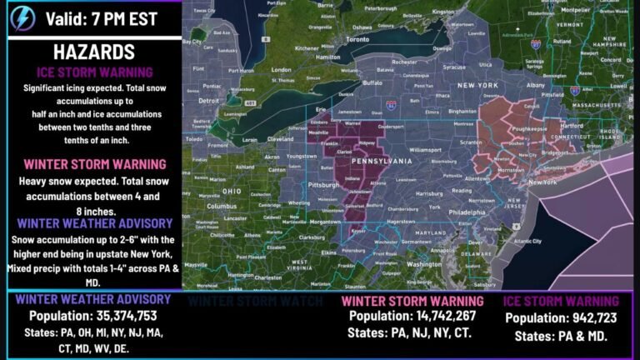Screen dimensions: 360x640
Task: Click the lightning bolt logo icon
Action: click(x=18, y=17)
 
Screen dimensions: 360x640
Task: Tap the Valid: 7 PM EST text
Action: click(x=98, y=17)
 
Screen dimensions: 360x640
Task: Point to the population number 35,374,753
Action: click(x=93, y=316)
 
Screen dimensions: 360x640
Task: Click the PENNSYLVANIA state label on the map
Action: click(x=382, y=160)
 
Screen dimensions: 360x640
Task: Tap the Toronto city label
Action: click(x=357, y=39)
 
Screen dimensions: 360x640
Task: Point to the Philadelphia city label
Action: click(x=465, y=212)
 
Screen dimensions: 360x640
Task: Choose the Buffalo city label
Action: click(x=372, y=82)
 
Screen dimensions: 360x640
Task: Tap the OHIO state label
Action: click(x=231, y=191)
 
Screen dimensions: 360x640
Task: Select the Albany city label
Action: click(x=537, y=84)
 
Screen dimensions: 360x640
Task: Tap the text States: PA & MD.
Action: click(x=560, y=337)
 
